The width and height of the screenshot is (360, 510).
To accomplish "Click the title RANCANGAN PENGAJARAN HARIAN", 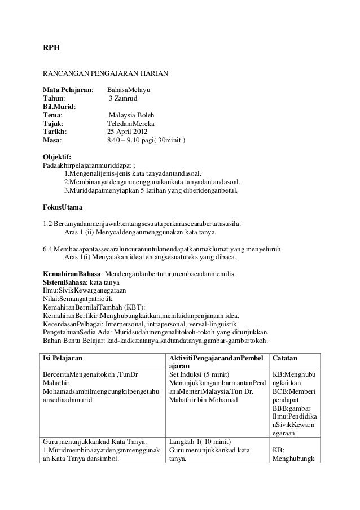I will tap(105, 74).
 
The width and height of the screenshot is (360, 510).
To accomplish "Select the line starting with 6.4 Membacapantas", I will tap(164, 249).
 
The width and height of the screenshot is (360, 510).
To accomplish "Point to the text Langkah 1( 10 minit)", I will tap(201, 442).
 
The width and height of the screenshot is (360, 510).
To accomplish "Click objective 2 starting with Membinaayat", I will tap(152, 182).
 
